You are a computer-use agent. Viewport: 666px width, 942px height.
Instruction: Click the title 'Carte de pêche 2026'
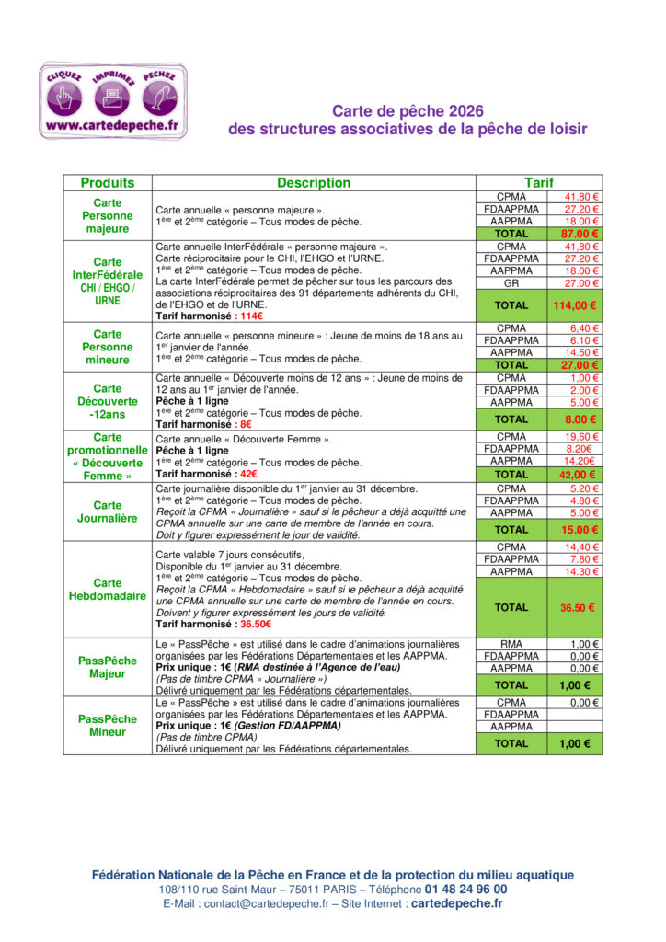tap(407, 110)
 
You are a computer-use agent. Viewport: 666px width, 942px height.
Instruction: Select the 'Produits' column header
tap(108, 183)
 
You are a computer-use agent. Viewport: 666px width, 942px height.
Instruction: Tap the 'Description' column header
tap(314, 183)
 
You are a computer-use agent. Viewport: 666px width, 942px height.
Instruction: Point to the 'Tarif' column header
tap(538, 183)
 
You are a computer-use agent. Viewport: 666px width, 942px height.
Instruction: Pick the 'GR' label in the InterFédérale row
tap(511, 283)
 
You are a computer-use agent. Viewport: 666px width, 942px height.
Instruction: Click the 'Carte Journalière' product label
tap(108, 511)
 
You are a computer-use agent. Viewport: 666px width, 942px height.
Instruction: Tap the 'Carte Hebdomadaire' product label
tap(108, 589)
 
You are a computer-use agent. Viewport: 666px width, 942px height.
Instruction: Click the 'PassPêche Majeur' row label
tap(108, 667)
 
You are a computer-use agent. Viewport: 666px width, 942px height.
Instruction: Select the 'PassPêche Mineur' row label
tap(108, 726)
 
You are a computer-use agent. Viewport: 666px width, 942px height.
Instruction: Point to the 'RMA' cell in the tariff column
tap(511, 644)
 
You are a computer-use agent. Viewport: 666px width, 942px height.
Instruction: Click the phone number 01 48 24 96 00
tap(465, 890)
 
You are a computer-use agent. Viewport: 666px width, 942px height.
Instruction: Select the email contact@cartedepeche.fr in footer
tap(266, 904)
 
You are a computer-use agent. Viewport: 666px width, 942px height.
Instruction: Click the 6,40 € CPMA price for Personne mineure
tap(583, 328)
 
